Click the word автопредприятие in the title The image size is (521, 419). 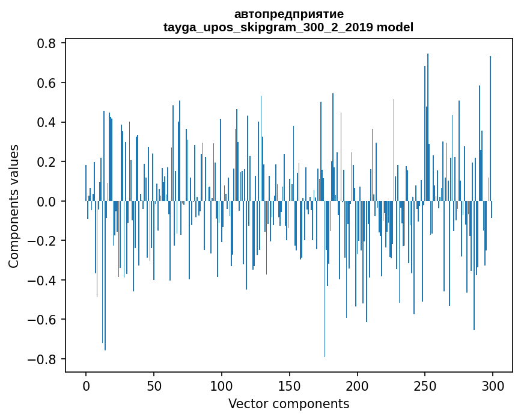[288, 14]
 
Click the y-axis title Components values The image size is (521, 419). [14, 206]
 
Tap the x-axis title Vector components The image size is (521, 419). [288, 403]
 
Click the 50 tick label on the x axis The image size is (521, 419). [154, 385]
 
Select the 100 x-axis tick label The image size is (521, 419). [222, 385]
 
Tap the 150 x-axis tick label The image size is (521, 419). [290, 385]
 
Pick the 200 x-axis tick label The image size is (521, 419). [358, 385]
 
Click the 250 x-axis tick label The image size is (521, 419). [425, 385]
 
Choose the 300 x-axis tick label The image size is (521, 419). [493, 385]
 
